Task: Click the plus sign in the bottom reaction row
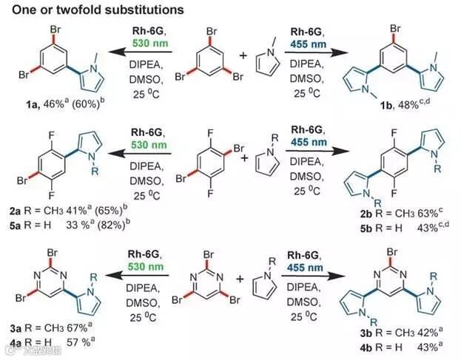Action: click(x=240, y=279)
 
